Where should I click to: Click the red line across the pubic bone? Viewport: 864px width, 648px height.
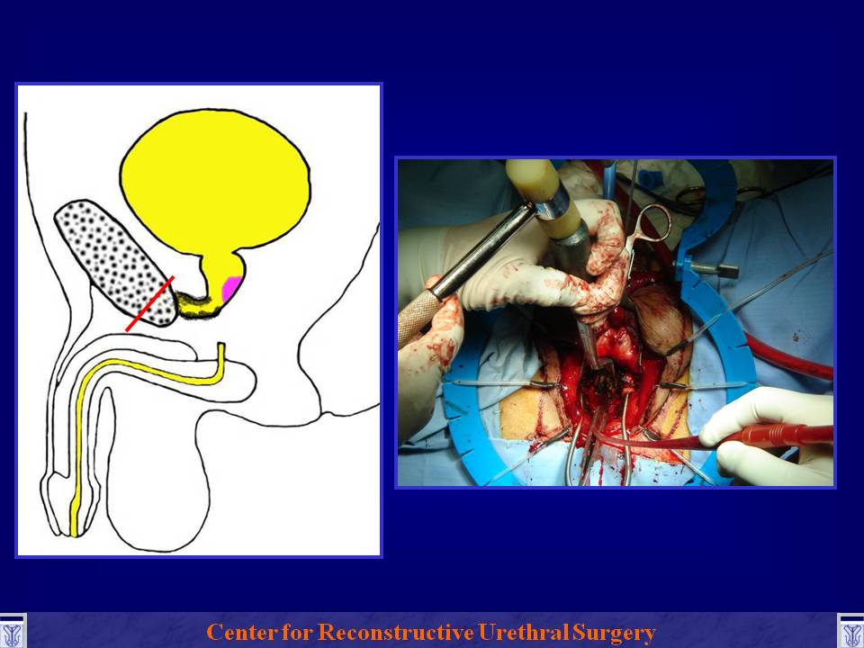click(150, 303)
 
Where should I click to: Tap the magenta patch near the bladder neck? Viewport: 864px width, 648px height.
click(231, 289)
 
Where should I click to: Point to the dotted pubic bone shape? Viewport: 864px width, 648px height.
click(116, 264)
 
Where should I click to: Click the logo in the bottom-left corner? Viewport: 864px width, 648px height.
click(12, 632)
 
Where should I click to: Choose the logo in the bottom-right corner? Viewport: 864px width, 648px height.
click(850, 632)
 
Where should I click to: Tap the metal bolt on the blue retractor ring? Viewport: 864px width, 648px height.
click(714, 269)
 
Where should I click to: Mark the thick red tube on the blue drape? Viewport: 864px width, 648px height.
click(788, 355)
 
